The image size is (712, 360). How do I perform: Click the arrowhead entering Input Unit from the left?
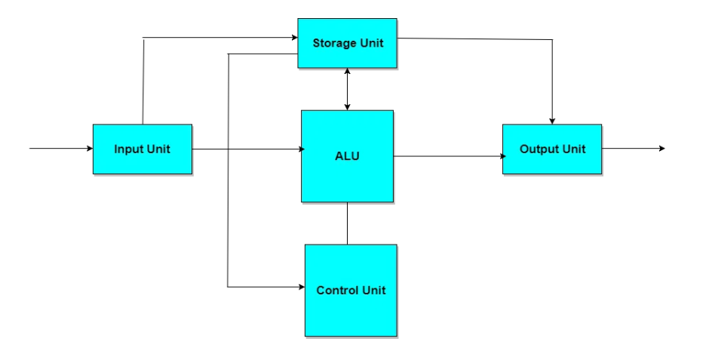click(89, 149)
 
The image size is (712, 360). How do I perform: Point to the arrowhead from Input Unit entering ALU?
click(297, 149)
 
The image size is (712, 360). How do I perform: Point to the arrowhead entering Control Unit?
click(300, 287)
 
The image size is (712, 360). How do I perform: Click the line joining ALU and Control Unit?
click(347, 223)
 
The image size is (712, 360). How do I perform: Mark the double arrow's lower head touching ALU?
click(347, 106)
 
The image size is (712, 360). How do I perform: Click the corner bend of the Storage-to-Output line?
click(552, 40)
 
